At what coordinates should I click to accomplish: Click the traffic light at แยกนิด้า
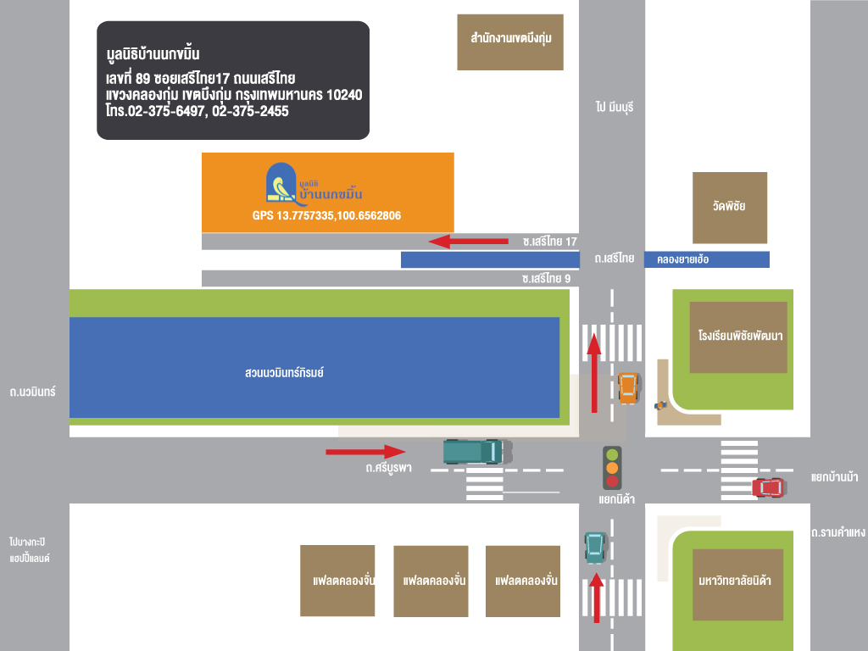(612, 468)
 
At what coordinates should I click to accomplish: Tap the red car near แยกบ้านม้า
(768, 487)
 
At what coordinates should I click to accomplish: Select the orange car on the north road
(628, 387)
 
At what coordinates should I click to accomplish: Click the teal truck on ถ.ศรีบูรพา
(478, 451)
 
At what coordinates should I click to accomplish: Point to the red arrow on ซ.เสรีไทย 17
(468, 241)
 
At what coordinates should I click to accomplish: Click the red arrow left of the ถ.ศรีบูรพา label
(365, 452)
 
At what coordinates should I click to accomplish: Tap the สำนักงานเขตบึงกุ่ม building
(510, 42)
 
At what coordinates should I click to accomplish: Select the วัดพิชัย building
(730, 208)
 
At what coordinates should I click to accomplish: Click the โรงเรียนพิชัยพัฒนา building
(738, 337)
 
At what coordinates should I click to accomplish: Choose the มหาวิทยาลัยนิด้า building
(738, 585)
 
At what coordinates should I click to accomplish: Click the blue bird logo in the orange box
(281, 182)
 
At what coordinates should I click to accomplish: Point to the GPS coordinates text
(326, 215)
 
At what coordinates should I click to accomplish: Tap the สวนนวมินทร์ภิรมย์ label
(285, 373)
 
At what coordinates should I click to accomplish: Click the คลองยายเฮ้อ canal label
(682, 259)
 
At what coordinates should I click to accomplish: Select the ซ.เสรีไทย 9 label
(546, 278)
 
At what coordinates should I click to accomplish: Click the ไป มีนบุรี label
(615, 107)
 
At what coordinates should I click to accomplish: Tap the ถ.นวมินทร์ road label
(33, 392)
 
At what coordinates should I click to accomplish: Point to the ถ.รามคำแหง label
(838, 532)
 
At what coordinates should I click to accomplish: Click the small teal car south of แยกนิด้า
(596, 548)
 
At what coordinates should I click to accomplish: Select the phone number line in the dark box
(197, 111)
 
